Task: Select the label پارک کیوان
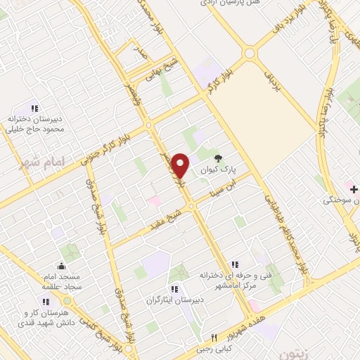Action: point(226,170)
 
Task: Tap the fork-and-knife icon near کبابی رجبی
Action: point(214,337)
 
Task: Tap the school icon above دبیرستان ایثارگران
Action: point(174,288)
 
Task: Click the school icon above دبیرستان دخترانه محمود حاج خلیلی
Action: point(46,105)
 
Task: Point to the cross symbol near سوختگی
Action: point(354,189)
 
